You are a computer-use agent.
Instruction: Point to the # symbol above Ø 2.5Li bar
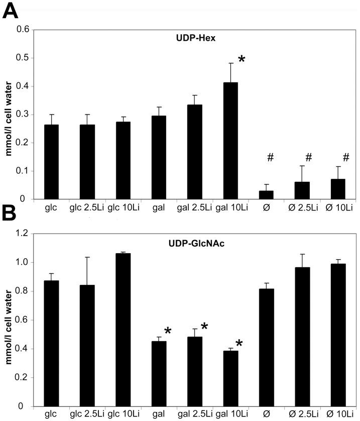tap(308, 157)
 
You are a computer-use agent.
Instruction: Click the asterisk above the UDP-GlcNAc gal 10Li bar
tap(239, 344)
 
